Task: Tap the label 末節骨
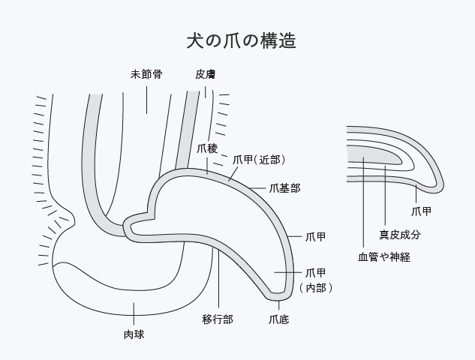[x=147, y=75]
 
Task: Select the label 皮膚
[x=206, y=75]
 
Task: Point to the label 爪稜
[x=207, y=148]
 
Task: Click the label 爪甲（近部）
[x=259, y=159]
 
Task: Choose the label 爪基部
[x=284, y=188]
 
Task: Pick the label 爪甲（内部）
[x=315, y=280]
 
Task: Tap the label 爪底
[x=278, y=319]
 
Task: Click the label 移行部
[x=218, y=319]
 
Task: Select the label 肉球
[x=134, y=334]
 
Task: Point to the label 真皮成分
[x=399, y=235]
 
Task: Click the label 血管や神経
[x=383, y=257]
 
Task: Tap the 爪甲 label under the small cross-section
[x=421, y=211]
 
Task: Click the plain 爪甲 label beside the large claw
[x=316, y=237]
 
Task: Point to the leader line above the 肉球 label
[x=134, y=313]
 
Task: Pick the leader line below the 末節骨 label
[x=147, y=97]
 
